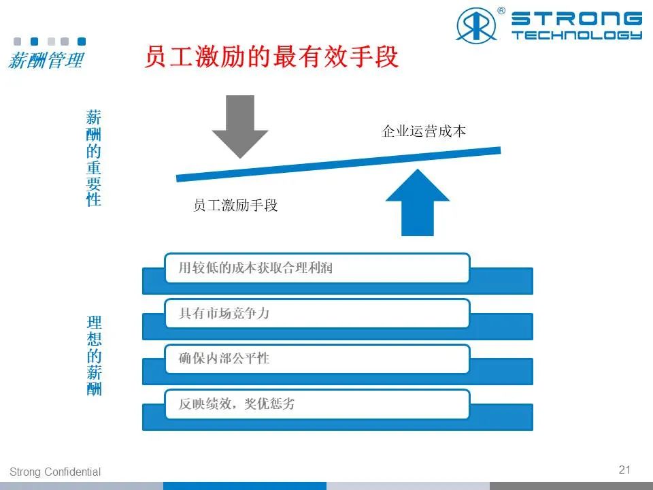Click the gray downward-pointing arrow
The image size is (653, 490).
[240, 125]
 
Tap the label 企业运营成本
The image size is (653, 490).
[424, 131]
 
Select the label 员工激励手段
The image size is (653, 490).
[235, 205]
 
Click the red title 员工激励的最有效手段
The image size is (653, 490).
[271, 56]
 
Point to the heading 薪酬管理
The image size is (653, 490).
[46, 60]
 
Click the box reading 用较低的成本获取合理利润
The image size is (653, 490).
[318, 268]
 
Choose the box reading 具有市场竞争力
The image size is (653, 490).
[318, 313]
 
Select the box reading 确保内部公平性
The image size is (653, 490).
[318, 359]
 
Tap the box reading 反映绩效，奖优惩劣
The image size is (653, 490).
[318, 404]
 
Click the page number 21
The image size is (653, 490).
[624, 470]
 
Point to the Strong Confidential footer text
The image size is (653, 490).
[55, 472]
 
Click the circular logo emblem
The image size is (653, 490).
[476, 25]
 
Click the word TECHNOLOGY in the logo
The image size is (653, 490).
[577, 35]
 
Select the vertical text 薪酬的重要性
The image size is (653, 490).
[94, 158]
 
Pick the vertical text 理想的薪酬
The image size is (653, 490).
[94, 355]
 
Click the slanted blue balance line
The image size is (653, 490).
[339, 164]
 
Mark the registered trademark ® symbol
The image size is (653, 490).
[501, 10]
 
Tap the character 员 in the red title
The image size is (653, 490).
[156, 56]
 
